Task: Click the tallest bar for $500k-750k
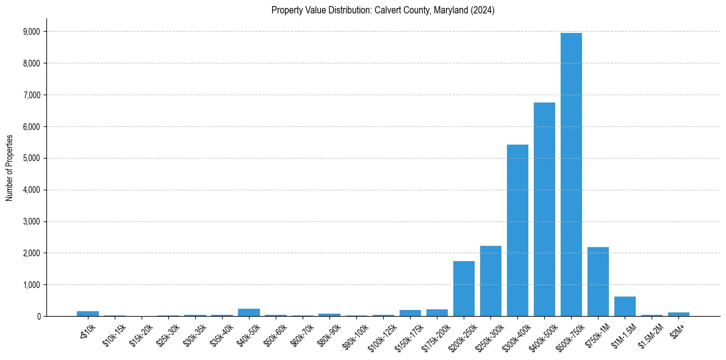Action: (571, 175)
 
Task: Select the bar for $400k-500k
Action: (544, 209)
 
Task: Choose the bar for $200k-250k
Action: (464, 289)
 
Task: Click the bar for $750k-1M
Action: (598, 282)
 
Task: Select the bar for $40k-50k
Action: (249, 312)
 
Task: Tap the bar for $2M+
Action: (678, 314)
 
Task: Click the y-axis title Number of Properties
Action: (10, 168)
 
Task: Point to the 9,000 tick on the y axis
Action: (31, 32)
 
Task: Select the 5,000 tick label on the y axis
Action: (31, 159)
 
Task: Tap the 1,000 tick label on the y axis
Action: (31, 285)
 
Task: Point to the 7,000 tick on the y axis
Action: (31, 95)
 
